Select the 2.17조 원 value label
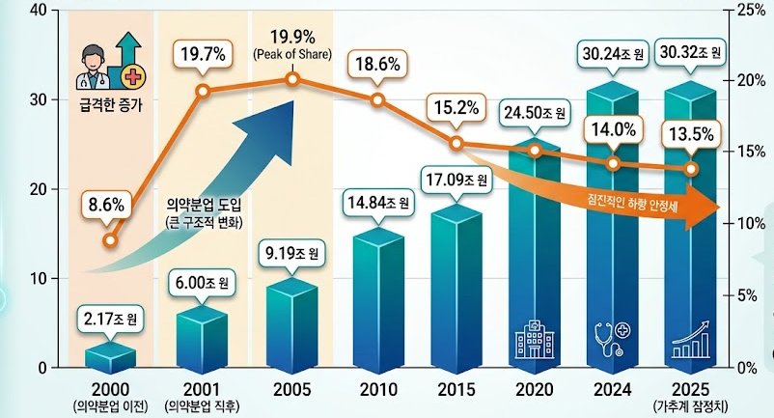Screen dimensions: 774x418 110,319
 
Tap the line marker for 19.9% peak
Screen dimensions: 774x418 292,79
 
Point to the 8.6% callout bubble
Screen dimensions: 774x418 106,205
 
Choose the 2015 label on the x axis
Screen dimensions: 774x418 456,389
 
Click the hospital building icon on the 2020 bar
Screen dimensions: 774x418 535,339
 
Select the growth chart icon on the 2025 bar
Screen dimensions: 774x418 691,340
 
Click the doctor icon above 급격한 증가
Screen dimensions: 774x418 92,68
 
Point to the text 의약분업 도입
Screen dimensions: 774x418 205,205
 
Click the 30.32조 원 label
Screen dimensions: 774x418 690,52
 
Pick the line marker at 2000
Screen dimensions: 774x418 111,240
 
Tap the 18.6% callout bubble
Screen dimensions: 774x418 377,64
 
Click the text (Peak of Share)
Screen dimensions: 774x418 292,54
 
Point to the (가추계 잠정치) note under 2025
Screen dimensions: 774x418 691,406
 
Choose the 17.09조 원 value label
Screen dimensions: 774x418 456,180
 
